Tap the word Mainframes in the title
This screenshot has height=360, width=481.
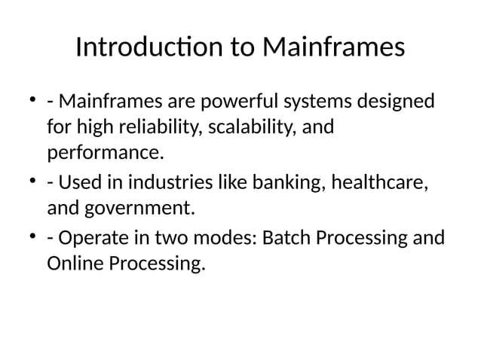point(334,48)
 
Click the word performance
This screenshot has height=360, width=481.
point(105,154)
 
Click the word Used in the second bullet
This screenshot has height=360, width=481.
point(78,182)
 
